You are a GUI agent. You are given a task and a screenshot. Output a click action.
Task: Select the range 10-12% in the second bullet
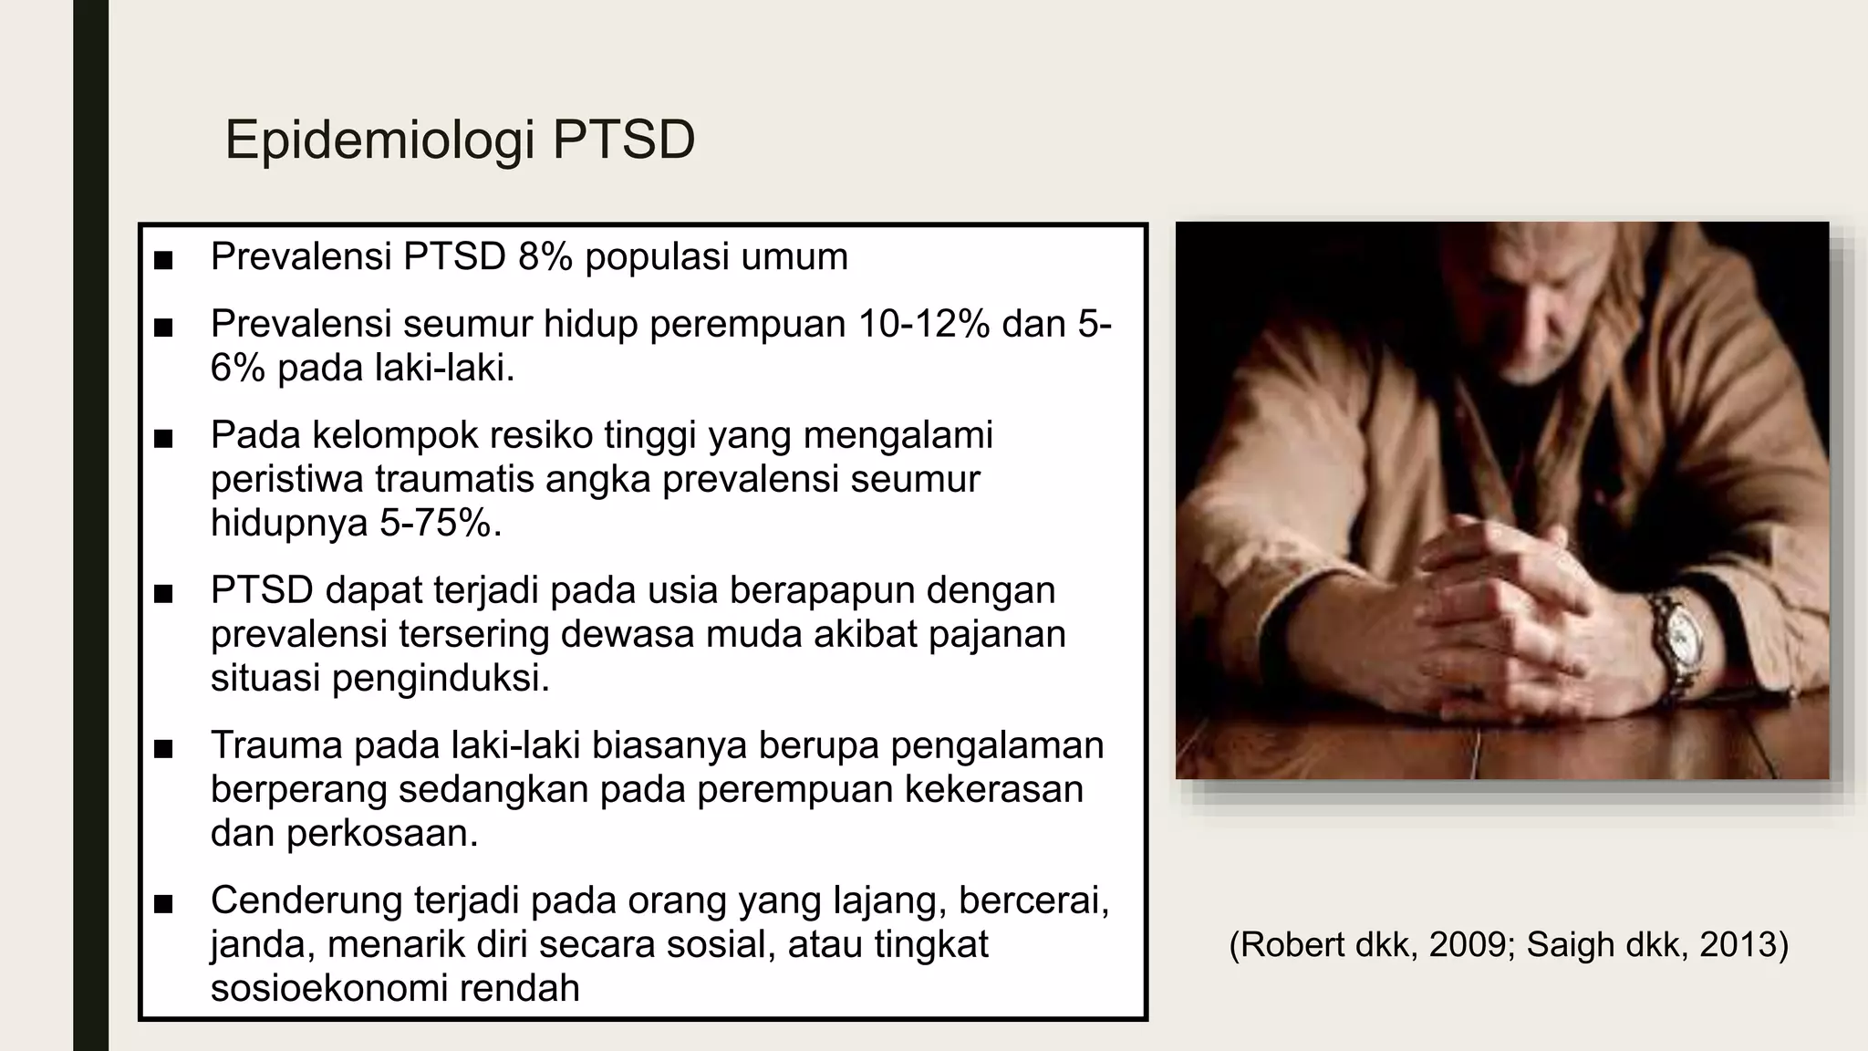click(x=923, y=324)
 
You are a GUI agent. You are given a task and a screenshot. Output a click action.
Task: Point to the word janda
click(x=262, y=944)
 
